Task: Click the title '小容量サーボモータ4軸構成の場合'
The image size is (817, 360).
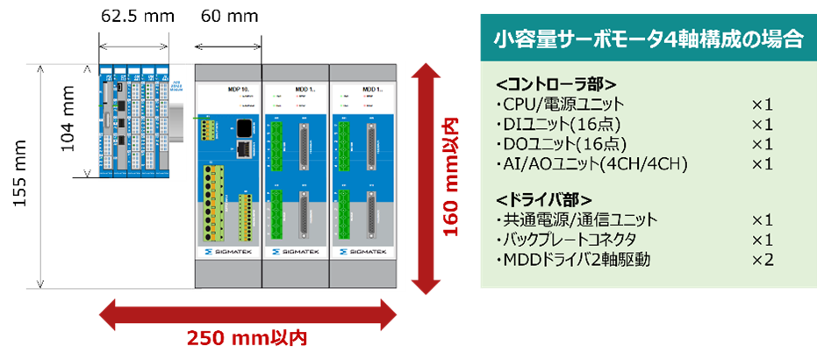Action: tap(648, 39)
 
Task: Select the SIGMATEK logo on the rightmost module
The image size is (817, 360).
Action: tap(363, 251)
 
